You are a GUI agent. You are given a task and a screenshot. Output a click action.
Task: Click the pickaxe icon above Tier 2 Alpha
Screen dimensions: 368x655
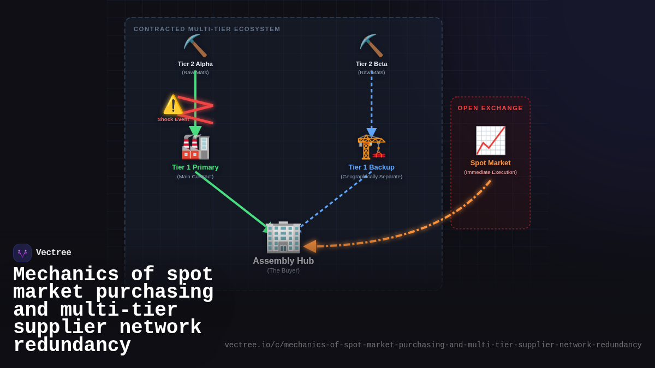[x=195, y=46]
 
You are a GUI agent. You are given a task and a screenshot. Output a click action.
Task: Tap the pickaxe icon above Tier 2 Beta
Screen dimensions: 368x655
[x=371, y=46]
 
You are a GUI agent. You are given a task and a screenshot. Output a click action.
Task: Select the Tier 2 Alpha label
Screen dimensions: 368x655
[x=195, y=64]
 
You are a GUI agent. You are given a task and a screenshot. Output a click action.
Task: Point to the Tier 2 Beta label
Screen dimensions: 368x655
[x=371, y=64]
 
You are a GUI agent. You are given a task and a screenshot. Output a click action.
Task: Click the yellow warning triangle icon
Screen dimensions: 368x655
[x=173, y=105]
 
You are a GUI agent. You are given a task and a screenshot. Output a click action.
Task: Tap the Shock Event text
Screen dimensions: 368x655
[x=173, y=119]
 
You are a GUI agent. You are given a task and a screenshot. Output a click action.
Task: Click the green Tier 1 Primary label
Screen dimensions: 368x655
[x=195, y=167]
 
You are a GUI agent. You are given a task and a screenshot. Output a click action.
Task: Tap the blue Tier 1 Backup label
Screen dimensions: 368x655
[x=371, y=167]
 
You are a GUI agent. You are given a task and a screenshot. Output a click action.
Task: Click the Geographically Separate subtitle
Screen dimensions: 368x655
[x=371, y=177]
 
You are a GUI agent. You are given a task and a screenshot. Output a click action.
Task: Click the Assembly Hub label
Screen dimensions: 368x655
[x=283, y=261]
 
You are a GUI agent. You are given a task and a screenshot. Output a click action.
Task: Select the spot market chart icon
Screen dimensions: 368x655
[x=490, y=141]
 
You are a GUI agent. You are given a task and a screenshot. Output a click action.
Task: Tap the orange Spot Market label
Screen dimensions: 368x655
[x=490, y=163]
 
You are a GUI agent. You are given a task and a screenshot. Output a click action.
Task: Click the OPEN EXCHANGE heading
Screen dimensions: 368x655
[x=490, y=108]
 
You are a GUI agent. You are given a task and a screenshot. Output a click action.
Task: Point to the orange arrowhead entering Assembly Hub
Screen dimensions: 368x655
[x=310, y=246]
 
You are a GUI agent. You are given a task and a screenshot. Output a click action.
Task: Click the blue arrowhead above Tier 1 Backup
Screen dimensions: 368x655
[x=371, y=132]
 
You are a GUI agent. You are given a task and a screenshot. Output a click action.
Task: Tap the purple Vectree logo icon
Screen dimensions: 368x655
[x=22, y=253]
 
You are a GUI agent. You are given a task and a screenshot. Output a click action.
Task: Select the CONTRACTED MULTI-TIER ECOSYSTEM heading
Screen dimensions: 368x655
[x=207, y=29]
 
